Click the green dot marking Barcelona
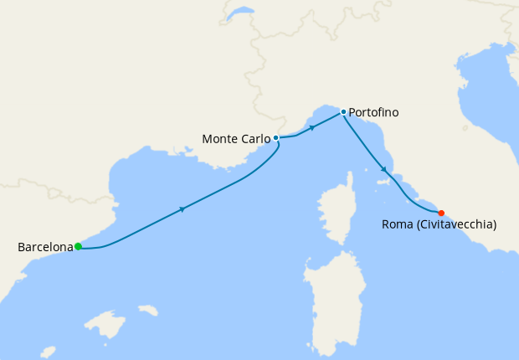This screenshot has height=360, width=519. (x=78, y=246)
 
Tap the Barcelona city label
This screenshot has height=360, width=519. (x=45, y=247)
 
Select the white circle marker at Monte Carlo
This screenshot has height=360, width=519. (x=275, y=137)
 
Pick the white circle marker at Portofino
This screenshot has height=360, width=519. (x=343, y=111)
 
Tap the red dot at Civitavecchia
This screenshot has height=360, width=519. (x=441, y=213)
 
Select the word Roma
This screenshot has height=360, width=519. (x=396, y=224)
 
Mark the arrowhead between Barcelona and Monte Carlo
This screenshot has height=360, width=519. (x=182, y=209)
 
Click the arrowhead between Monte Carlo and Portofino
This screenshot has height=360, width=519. (x=311, y=128)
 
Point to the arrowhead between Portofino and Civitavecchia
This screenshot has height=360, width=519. (x=384, y=170)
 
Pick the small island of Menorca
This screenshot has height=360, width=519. (x=148, y=311)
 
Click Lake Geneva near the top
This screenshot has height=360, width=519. (x=241, y=13)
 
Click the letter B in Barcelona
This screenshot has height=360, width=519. (x=22, y=247)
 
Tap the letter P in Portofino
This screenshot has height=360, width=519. (x=352, y=112)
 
